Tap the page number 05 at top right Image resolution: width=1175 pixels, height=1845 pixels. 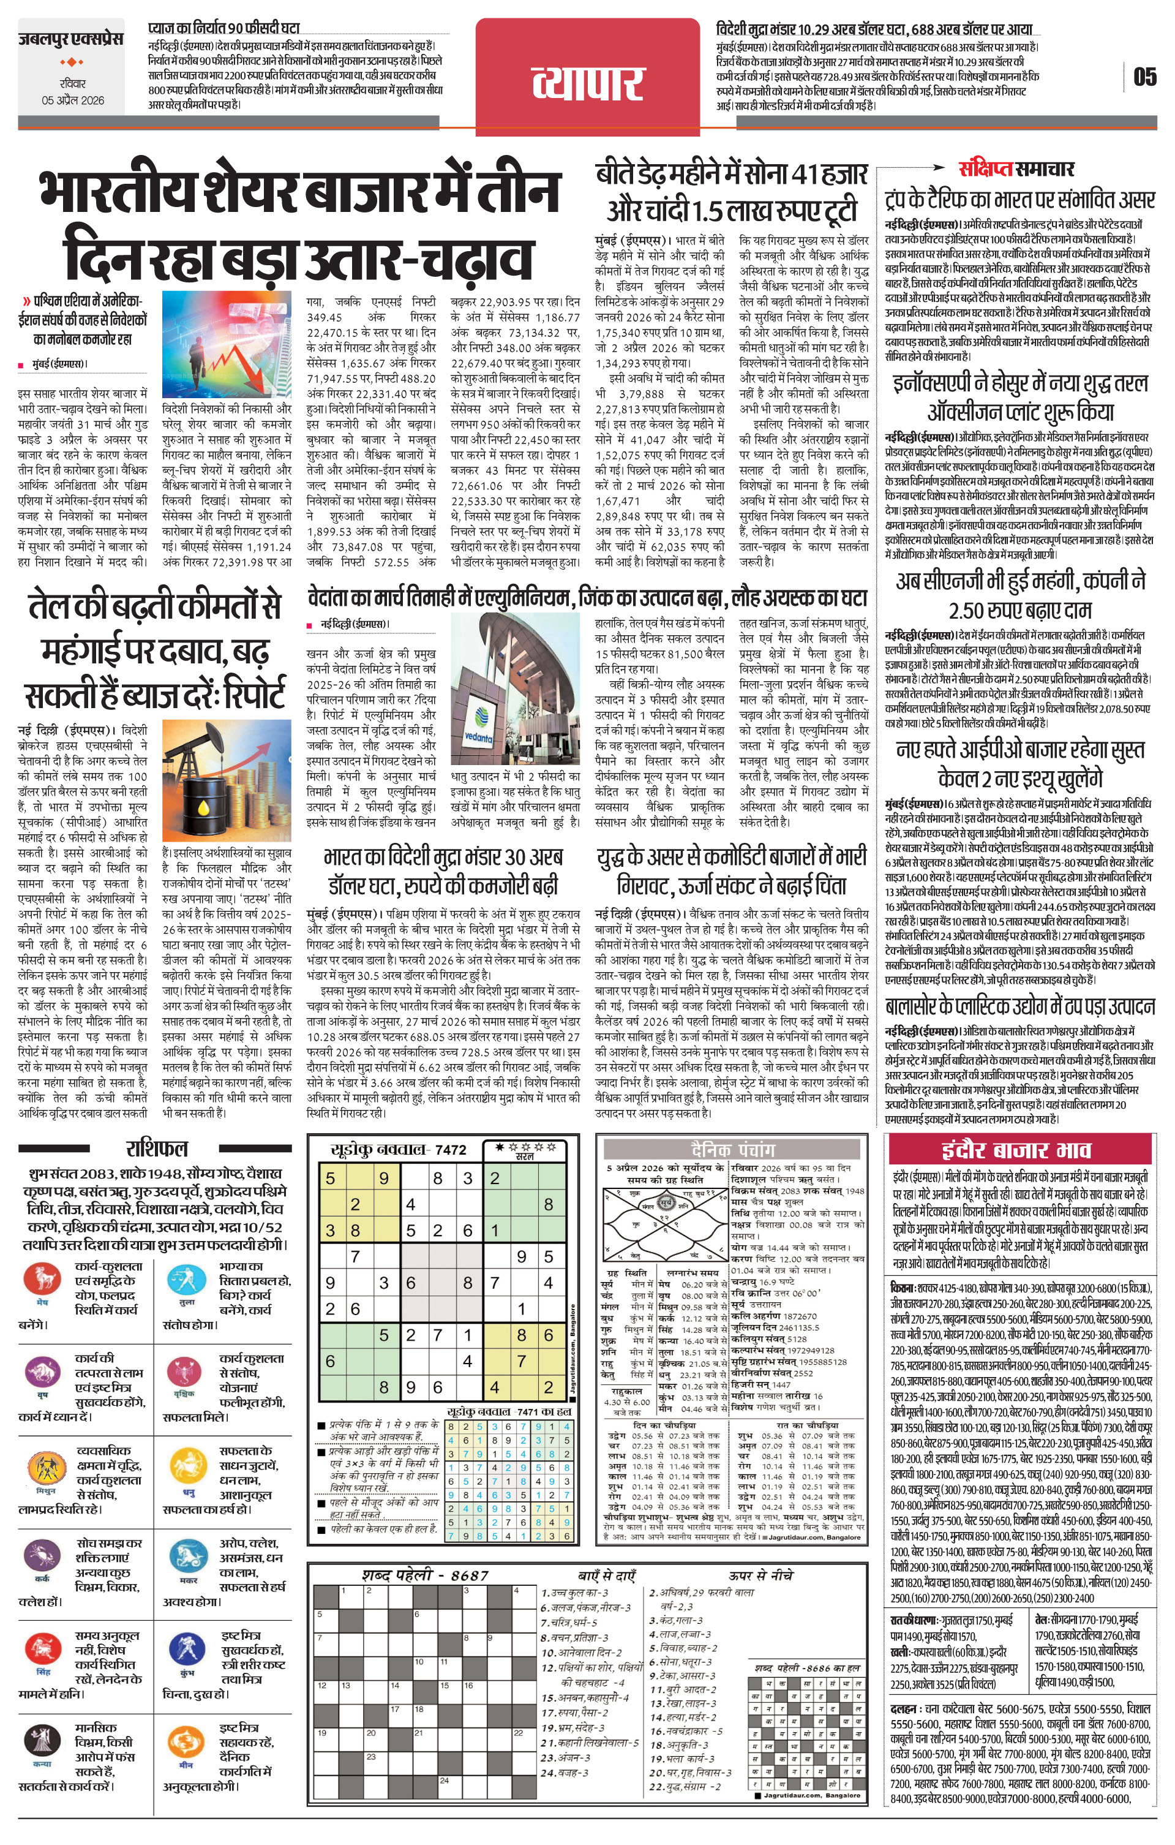[x=1144, y=77]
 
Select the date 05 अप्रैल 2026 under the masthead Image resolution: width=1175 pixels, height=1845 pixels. [x=73, y=100]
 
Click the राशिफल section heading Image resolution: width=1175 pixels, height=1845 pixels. [x=156, y=1149]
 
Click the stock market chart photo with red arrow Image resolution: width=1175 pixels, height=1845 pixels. [x=227, y=344]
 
